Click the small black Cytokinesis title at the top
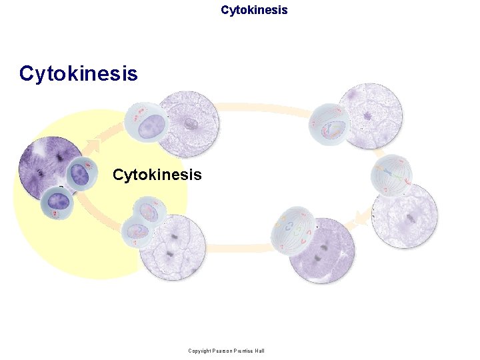pos(254,10)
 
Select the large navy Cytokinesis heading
pos(79,73)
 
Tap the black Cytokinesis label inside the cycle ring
pos(157,175)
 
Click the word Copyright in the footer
pos(199,351)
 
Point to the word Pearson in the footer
pos(223,351)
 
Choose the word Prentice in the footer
pos(244,351)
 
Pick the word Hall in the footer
pos(259,351)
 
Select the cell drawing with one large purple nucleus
pos(147,123)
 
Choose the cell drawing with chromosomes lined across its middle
pos(393,175)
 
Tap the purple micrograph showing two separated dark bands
pos(322,251)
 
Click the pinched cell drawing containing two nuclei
pos(141,222)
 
